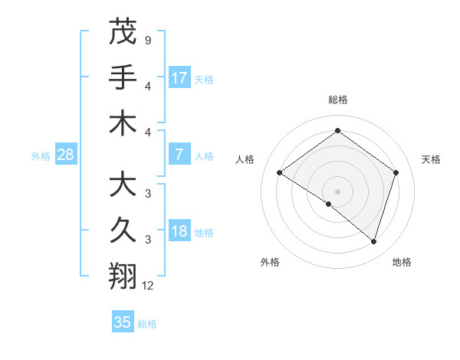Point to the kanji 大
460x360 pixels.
123,185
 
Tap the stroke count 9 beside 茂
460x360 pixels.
148,39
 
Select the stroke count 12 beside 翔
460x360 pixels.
148,285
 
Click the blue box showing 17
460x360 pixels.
179,77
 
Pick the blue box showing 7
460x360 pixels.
179,155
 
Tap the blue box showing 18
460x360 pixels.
179,231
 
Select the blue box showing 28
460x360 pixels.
65,155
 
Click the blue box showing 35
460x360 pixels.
123,322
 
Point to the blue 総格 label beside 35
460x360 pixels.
148,324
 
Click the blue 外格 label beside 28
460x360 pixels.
41,156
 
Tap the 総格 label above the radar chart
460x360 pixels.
337,100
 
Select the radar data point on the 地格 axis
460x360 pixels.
373,241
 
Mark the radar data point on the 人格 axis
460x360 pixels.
280,173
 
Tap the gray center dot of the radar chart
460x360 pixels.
337,191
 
